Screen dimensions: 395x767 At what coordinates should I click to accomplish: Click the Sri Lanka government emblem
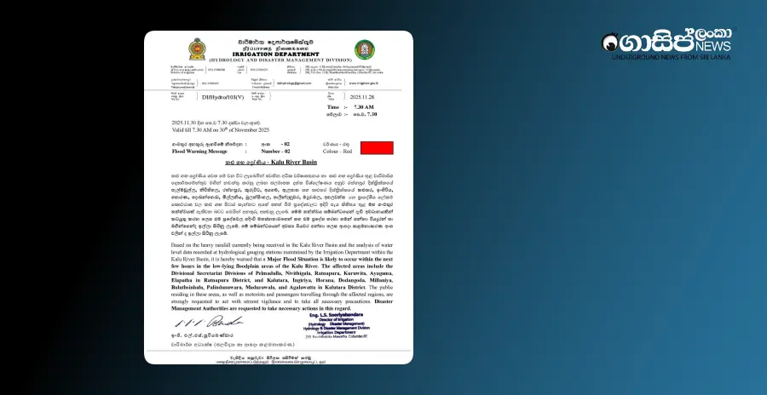pyautogui.click(x=197, y=49)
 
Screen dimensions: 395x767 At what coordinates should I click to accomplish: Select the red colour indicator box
pyautogui.click(x=376, y=148)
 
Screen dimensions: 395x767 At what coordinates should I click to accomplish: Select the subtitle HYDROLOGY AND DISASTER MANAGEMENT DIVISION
pyautogui.click(x=280, y=58)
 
